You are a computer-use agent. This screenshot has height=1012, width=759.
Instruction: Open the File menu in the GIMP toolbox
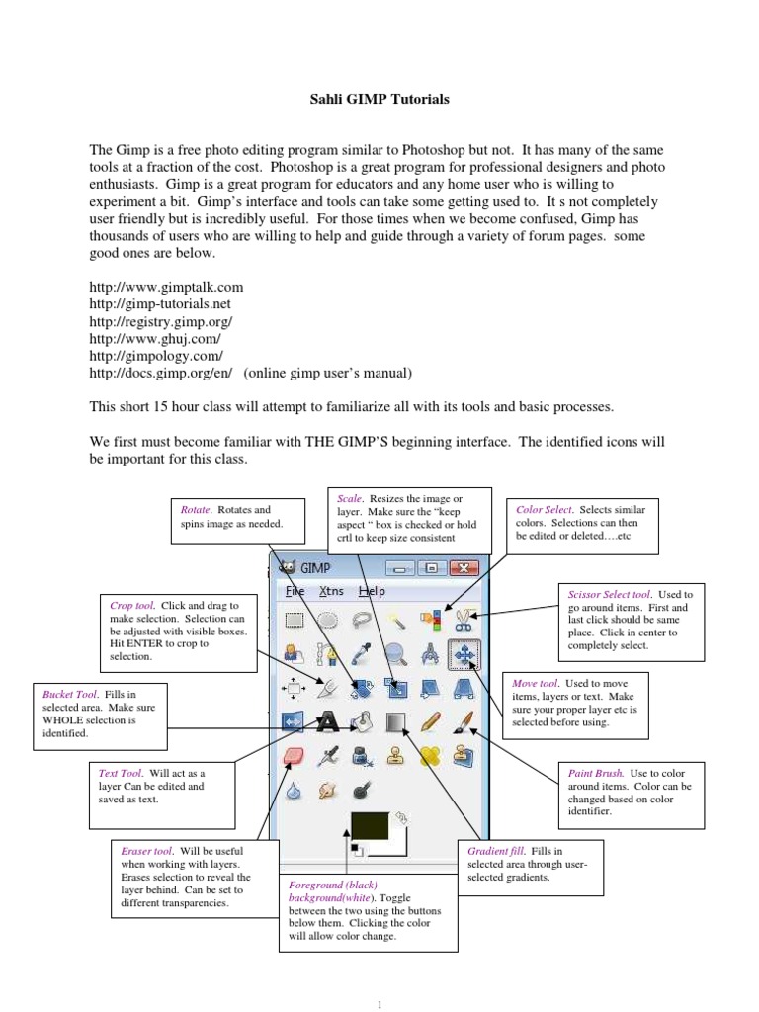tap(295, 591)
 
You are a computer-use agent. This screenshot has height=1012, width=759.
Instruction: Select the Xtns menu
tap(331, 591)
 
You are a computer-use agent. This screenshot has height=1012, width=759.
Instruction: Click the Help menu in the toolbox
tap(372, 591)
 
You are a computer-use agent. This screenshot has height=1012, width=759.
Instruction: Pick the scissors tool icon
tap(464, 620)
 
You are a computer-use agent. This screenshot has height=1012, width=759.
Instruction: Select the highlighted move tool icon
tap(464, 653)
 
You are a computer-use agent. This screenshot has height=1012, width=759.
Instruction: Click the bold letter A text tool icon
tap(327, 722)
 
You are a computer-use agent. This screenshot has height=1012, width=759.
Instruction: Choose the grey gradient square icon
tap(396, 722)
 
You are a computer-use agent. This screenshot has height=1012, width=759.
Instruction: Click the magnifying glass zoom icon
tap(396, 653)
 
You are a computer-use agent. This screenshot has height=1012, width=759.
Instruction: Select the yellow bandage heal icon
tap(430, 757)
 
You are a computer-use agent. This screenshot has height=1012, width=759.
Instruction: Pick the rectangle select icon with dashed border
tap(295, 620)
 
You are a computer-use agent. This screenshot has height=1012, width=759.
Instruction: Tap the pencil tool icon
tap(430, 722)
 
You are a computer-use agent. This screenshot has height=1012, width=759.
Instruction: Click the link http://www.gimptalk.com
tap(166, 287)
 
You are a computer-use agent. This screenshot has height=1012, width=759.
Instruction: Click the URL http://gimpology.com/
tap(156, 356)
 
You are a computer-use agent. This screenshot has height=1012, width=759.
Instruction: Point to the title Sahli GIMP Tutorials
tap(379, 100)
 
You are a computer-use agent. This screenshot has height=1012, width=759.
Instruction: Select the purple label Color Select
tap(545, 510)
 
